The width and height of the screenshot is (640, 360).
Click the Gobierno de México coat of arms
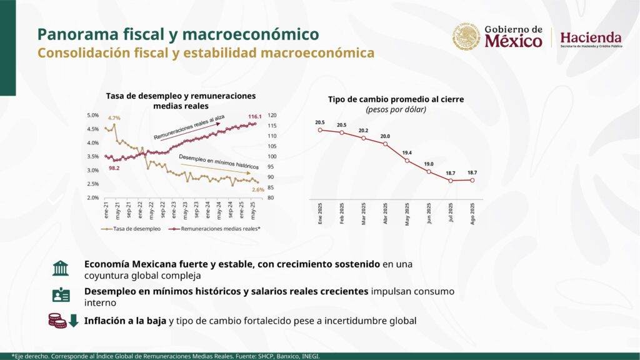[x=466, y=37]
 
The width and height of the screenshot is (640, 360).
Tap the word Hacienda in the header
[x=591, y=37]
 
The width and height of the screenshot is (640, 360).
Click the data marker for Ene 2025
[x=320, y=130]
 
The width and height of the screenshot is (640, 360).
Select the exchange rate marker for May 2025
[x=407, y=161]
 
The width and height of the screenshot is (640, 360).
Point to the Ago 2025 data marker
[x=472, y=180]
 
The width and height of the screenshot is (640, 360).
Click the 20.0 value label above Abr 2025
[x=385, y=136]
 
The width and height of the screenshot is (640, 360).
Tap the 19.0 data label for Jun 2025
[x=429, y=164]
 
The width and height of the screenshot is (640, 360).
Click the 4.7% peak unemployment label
[x=114, y=118]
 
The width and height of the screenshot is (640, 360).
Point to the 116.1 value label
[x=254, y=117]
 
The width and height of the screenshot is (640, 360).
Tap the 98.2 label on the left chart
[x=114, y=168]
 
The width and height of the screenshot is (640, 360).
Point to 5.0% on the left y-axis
[x=92, y=115]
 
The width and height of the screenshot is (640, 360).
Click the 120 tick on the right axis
[x=271, y=115]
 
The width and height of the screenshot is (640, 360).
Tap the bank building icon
[x=61, y=269]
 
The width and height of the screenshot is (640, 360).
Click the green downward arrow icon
[x=73, y=321]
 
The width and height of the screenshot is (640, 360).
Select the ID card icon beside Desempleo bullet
[x=61, y=295]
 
